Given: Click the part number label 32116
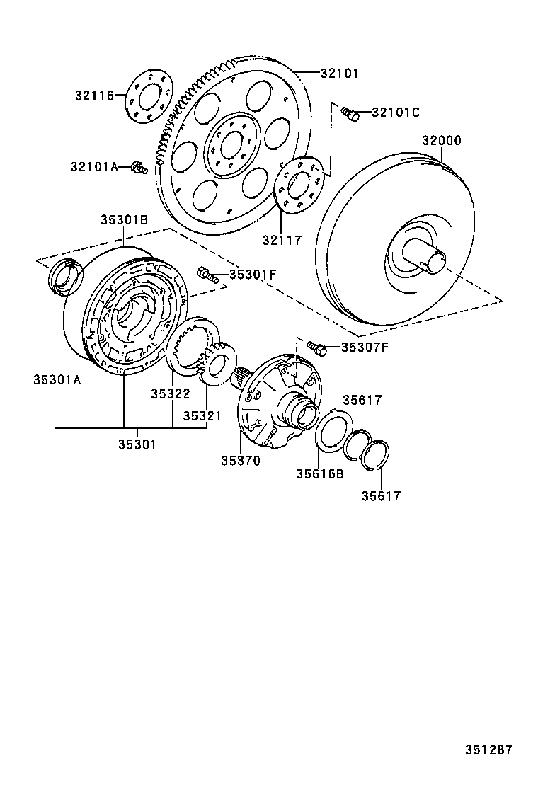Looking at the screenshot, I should tap(95, 95).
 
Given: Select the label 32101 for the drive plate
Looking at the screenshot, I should tap(339, 73).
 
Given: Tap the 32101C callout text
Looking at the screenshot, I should tap(396, 112).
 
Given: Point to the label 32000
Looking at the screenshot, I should tap(442, 140).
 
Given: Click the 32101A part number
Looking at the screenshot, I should tap(94, 166).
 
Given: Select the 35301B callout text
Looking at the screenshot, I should tap(123, 220).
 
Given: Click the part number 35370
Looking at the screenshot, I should tap(239, 461).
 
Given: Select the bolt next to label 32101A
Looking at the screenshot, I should tap(138, 168).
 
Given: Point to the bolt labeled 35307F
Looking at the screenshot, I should tap(316, 347).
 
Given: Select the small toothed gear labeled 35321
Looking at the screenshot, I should tap(217, 360).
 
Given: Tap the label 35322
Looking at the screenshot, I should tap(171, 393).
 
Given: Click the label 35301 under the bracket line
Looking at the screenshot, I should tap(137, 444).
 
